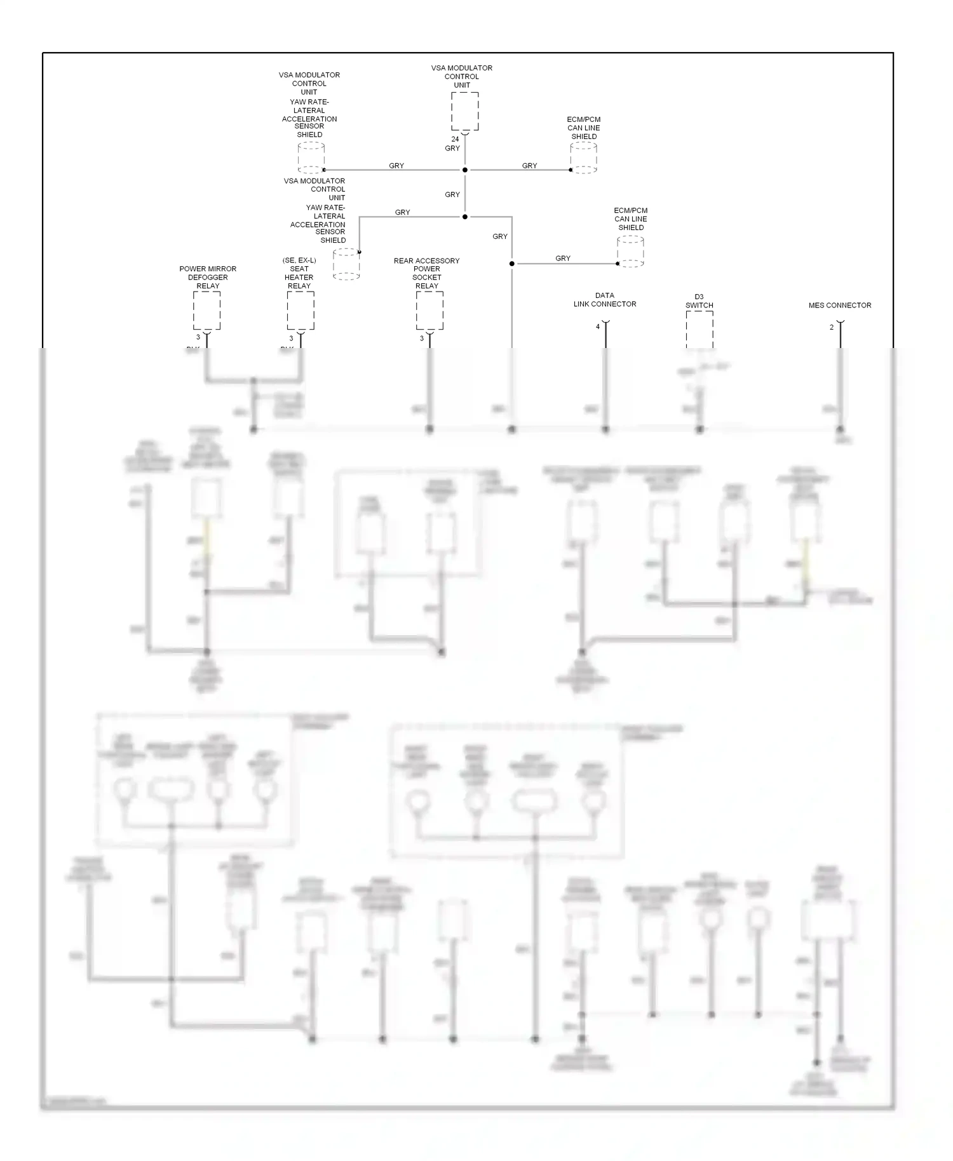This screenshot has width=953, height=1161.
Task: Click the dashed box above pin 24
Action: [x=464, y=111]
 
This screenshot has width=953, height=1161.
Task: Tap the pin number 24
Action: [x=455, y=139]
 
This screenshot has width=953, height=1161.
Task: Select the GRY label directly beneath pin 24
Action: [x=452, y=148]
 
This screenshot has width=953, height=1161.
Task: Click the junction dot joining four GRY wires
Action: [x=464, y=170]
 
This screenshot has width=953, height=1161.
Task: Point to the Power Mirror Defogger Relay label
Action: [x=208, y=277]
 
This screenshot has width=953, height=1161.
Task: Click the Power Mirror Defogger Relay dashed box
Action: [x=206, y=311]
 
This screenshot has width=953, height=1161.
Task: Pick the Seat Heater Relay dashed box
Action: [x=300, y=311]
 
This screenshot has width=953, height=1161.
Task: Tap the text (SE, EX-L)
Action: [x=299, y=260]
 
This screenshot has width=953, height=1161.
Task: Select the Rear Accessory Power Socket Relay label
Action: [x=426, y=273]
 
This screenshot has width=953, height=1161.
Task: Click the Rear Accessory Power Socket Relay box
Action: [x=429, y=311]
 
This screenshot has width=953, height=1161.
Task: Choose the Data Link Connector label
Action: [x=605, y=300]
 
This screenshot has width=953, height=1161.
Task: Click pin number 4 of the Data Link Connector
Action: [x=598, y=327]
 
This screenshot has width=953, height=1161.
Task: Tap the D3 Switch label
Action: [x=699, y=301]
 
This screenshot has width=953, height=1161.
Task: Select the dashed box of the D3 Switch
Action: [x=699, y=329]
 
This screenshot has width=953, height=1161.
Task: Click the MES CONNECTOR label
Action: [x=840, y=305]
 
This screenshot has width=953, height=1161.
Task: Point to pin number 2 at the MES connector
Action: [x=832, y=328]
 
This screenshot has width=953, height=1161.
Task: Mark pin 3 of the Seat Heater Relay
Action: [x=292, y=339]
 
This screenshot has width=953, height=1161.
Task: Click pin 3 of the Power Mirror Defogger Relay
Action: [x=198, y=337]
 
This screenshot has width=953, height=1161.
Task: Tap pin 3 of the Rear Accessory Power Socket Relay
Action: [x=422, y=339]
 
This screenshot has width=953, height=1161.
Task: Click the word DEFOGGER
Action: [x=208, y=278]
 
